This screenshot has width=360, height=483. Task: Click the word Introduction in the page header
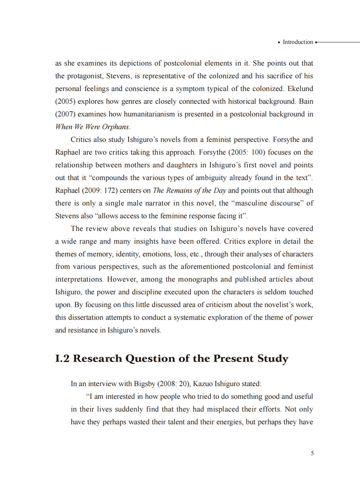point(297,42)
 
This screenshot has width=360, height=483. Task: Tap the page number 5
point(312,453)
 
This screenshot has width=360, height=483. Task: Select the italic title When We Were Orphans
point(92,127)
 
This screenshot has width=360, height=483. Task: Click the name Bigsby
point(145,384)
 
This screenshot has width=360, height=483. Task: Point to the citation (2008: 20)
point(174,384)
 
